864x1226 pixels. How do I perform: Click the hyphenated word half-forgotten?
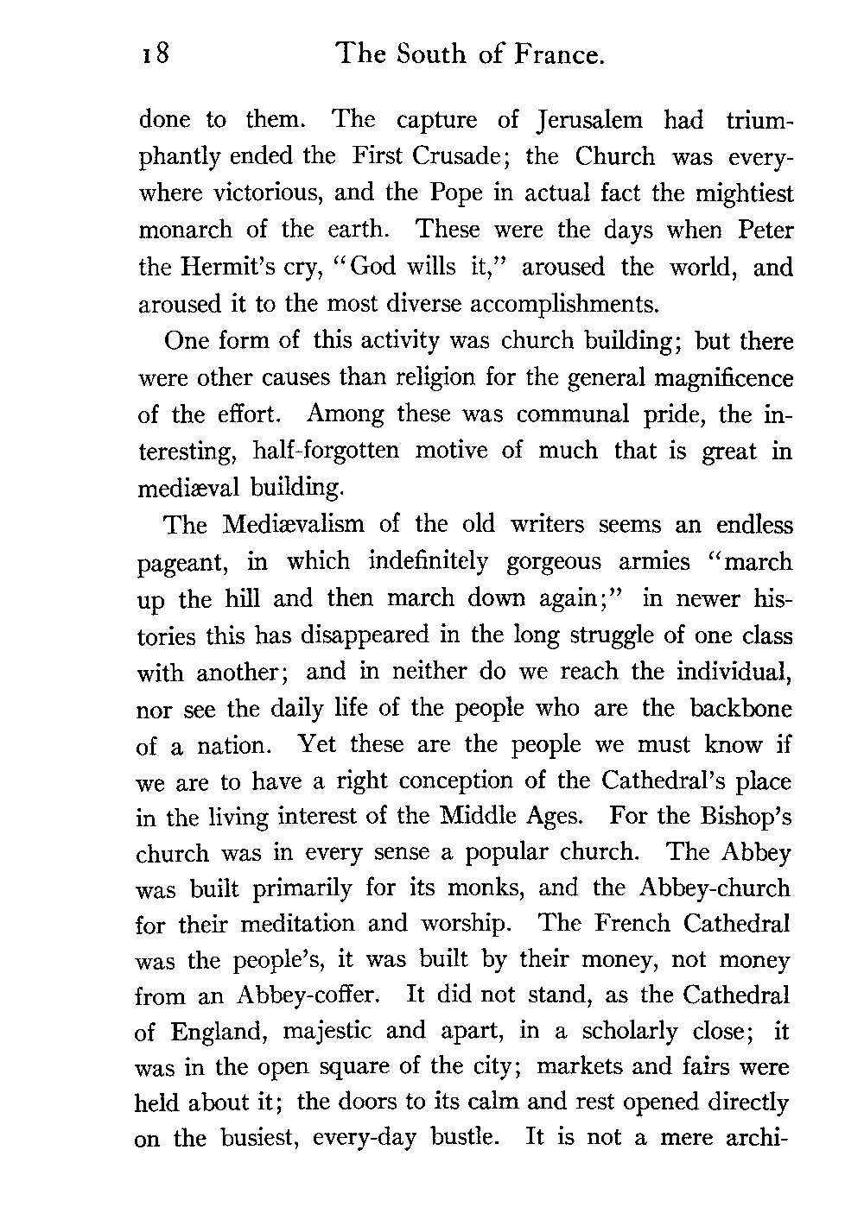coord(327,452)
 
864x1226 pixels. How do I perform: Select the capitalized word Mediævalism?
coord(293,524)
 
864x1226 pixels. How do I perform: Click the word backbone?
coord(740,708)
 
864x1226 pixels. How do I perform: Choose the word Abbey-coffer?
coord(307,996)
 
